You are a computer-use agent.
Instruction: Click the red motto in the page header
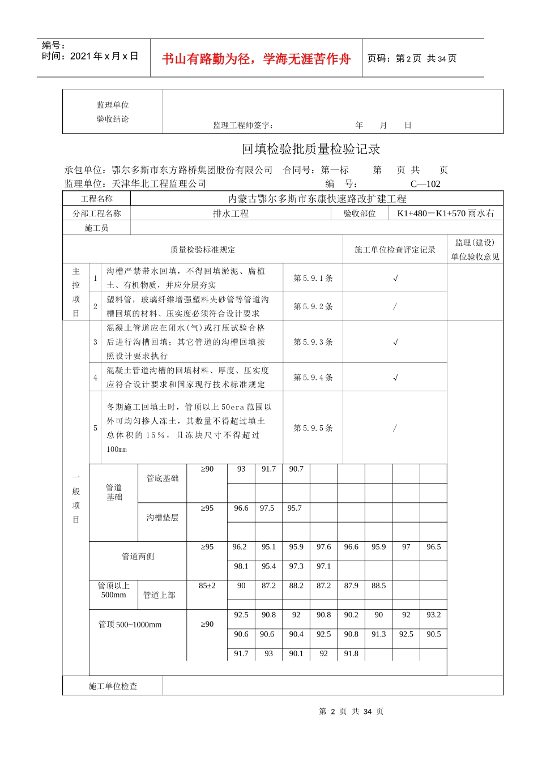tap(256, 59)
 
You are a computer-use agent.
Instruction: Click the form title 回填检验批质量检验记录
tap(311, 149)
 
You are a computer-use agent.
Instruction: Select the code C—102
tap(425, 184)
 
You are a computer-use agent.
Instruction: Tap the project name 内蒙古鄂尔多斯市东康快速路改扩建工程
tap(317, 199)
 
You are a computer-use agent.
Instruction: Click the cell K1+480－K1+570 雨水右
tap(446, 213)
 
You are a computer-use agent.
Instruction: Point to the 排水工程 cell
tap(230, 213)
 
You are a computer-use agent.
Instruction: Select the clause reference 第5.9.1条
tap(313, 278)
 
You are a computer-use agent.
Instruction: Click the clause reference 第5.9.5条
tap(313, 428)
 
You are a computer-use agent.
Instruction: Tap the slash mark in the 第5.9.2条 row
tap(395, 306)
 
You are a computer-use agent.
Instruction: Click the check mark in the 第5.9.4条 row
tap(395, 377)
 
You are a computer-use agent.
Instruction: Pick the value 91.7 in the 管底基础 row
tap(268, 469)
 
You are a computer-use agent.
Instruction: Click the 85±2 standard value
tap(207, 585)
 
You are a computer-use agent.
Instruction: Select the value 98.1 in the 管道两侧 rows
tap(241, 566)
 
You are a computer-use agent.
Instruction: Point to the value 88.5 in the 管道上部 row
tap(379, 585)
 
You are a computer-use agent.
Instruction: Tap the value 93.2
tap(434, 615)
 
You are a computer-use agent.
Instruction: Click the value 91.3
tap(379, 634)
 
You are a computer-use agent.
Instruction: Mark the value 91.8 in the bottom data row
tap(351, 653)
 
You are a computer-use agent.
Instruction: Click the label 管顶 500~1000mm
tap(130, 625)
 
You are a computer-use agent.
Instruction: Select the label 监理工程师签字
tap(243, 125)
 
